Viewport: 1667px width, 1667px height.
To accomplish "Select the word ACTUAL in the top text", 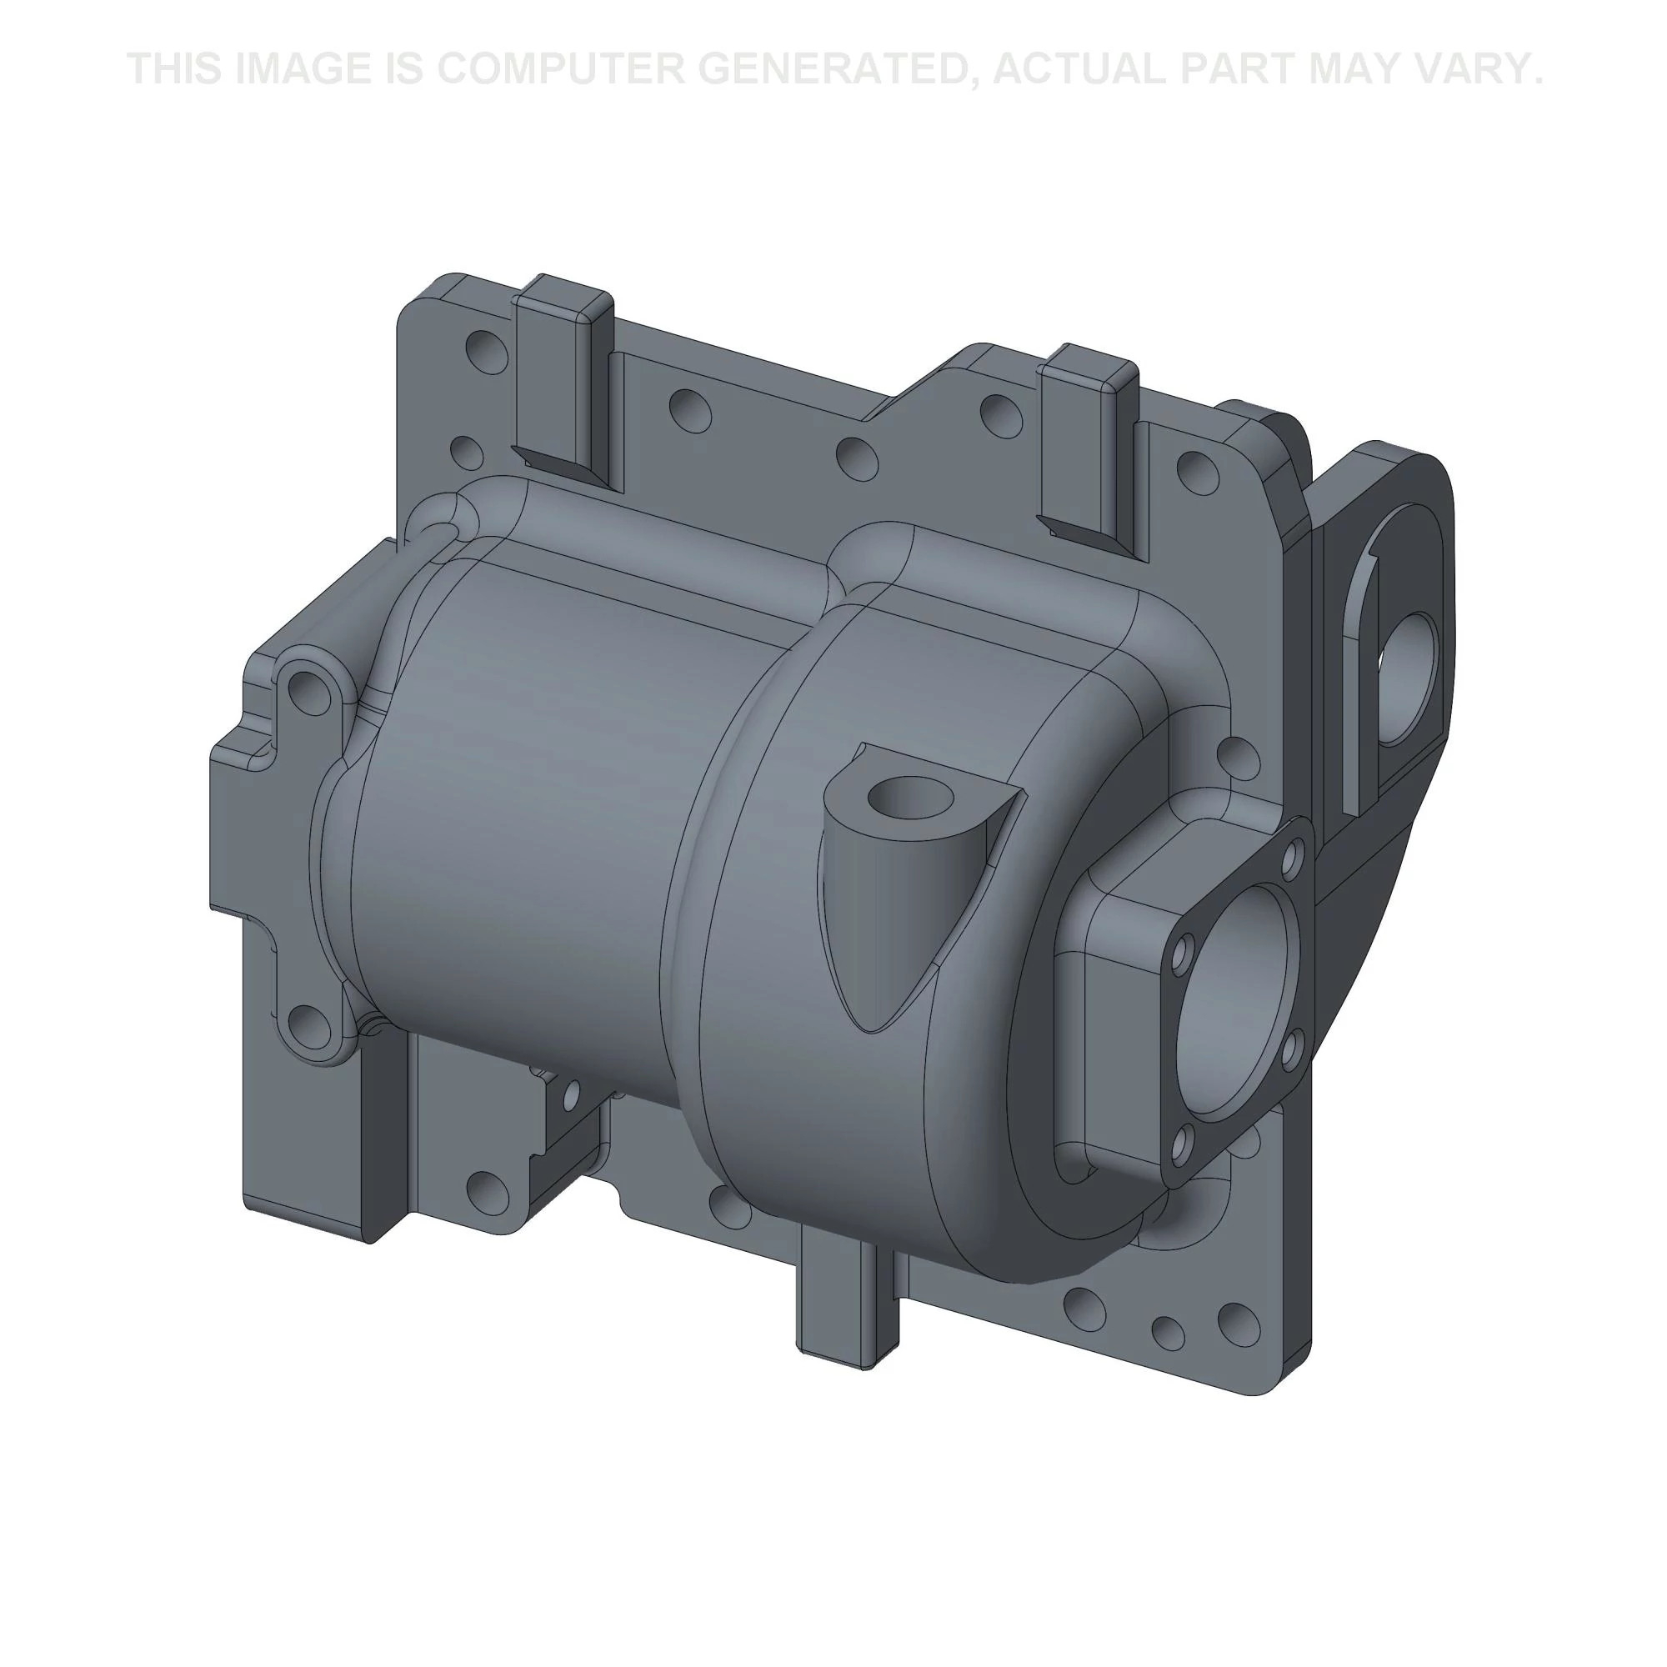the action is point(1081,68).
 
